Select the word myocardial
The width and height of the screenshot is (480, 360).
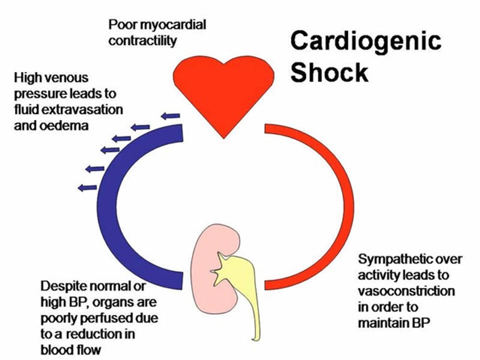173,25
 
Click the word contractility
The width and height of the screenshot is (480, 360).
143,41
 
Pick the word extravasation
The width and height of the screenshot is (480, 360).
82,109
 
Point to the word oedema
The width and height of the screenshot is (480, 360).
64,126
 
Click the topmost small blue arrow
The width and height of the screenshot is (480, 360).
170,116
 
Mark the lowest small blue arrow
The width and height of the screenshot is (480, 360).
87,188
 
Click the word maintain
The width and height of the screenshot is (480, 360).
384,323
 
